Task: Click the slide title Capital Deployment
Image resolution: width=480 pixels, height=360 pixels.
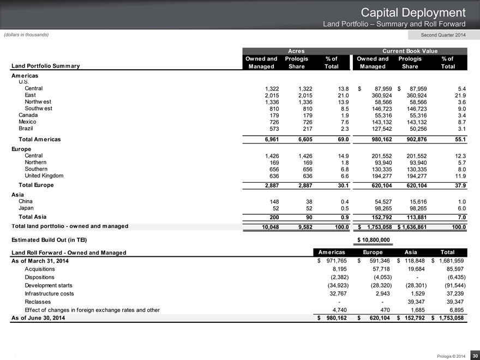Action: click(415, 12)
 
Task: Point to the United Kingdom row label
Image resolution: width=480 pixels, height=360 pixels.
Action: click(44, 176)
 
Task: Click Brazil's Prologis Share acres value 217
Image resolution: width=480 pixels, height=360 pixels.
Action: click(303, 129)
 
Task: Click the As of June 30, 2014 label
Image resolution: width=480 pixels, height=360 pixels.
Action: click(41, 318)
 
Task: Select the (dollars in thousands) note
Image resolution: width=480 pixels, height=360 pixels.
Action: click(27, 35)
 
